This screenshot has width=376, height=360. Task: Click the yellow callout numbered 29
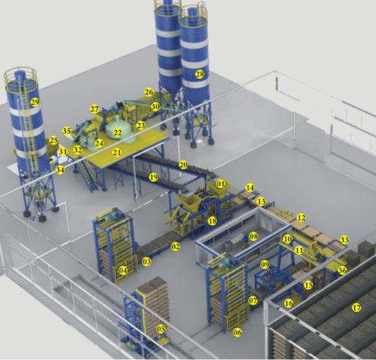pos(34,103)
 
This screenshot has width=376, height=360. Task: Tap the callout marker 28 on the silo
pos(200,74)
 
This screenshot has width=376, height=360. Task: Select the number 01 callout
pos(221,184)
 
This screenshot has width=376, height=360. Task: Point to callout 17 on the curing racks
pos(356,308)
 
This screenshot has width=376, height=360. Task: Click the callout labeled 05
pos(161,329)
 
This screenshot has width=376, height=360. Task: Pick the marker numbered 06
pos(238,333)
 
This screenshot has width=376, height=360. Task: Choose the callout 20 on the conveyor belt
pos(183,165)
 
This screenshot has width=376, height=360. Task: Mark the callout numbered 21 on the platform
pos(116,152)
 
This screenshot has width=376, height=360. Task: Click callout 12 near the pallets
pos(301,217)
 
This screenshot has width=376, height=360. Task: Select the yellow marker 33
pos(344,239)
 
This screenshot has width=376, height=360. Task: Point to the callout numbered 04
pos(122,271)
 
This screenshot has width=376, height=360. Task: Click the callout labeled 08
pos(253,236)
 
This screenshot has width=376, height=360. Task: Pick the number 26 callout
pos(149,92)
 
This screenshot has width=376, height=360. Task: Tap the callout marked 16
pos(289,303)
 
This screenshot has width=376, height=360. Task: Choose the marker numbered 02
pos(175,247)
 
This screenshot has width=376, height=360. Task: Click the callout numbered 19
pos(154,178)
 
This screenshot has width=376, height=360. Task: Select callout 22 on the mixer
pos(117,133)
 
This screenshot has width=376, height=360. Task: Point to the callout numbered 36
pos(342,271)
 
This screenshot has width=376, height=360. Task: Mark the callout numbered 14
pos(250,188)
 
